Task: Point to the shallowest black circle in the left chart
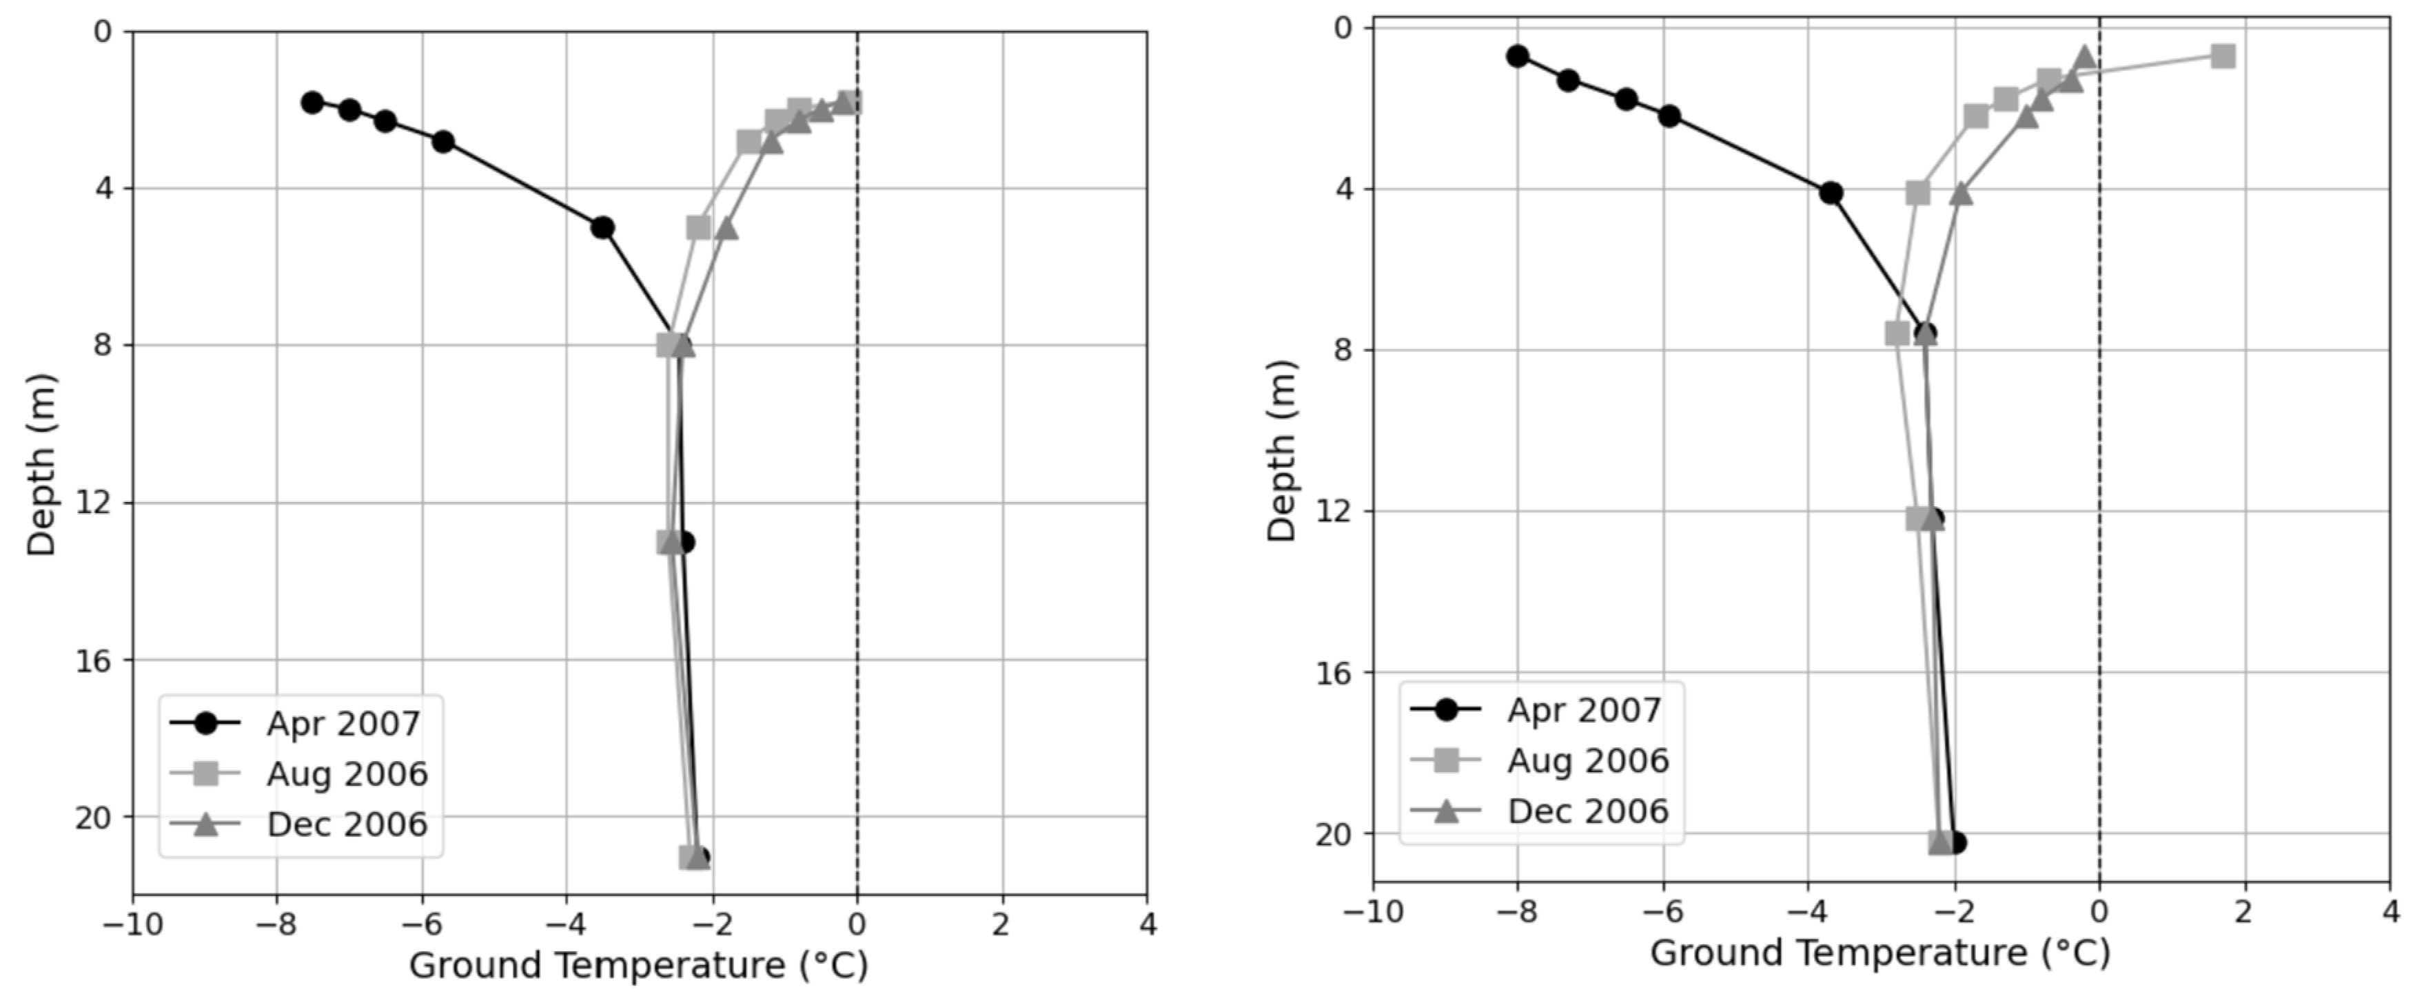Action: (x=312, y=102)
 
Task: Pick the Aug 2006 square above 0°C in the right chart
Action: (x=2223, y=56)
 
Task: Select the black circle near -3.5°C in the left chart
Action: (x=603, y=228)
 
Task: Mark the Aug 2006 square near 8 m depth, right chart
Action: (x=1897, y=333)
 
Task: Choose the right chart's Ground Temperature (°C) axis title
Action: (x=1879, y=953)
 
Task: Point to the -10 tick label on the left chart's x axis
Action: (x=132, y=925)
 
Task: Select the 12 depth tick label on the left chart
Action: (x=91, y=503)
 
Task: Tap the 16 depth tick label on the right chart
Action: (x=1332, y=673)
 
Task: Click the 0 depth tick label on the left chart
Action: (x=102, y=32)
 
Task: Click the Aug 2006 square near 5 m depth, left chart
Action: (x=698, y=228)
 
